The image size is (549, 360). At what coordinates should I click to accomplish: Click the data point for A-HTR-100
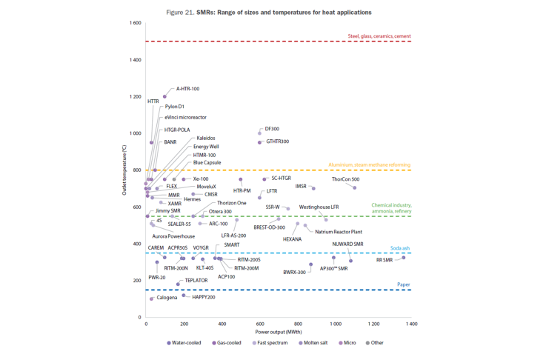pyautogui.click(x=164, y=96)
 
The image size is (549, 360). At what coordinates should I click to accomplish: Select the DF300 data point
pyautogui.click(x=259, y=133)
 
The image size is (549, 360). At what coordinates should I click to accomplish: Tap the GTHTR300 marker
pyautogui.click(x=259, y=142)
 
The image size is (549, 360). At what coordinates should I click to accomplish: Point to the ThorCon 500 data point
pyautogui.click(x=354, y=187)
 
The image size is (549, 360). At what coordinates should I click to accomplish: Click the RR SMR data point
pyautogui.click(x=403, y=257)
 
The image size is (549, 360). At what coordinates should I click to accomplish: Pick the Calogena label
pyautogui.click(x=167, y=298)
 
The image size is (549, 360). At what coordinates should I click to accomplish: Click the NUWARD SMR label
pyautogui.click(x=347, y=244)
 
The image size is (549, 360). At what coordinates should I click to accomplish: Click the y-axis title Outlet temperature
pyautogui.click(x=124, y=170)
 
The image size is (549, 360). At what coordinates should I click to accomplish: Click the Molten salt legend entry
pyautogui.click(x=316, y=343)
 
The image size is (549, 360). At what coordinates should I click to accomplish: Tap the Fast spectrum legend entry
pyautogui.click(x=273, y=343)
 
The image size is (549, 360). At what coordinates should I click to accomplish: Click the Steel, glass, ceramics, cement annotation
pyautogui.click(x=379, y=36)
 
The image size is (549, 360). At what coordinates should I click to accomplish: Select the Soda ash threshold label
pyautogui.click(x=400, y=248)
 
